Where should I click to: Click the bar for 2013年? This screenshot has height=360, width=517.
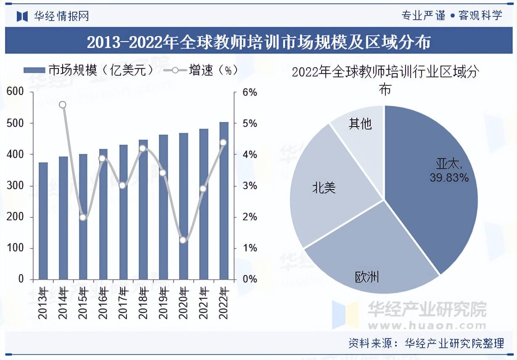pos(43,221)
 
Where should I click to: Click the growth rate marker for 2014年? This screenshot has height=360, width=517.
pos(63,105)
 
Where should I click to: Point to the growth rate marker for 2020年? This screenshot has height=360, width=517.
pos(183,240)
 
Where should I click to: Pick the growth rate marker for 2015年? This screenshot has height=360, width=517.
pos(83,217)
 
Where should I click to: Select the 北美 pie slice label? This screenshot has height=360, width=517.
pos(324,188)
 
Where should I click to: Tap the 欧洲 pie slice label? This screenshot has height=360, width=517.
pos(367,277)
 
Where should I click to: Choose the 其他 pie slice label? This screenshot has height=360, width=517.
pos(360,123)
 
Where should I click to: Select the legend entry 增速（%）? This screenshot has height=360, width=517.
pos(202,70)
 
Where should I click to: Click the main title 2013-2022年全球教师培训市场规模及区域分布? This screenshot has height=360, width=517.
pos(258,42)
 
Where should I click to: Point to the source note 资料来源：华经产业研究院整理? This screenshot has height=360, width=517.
pos(426,343)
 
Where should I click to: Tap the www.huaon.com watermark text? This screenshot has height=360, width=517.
pos(427,325)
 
